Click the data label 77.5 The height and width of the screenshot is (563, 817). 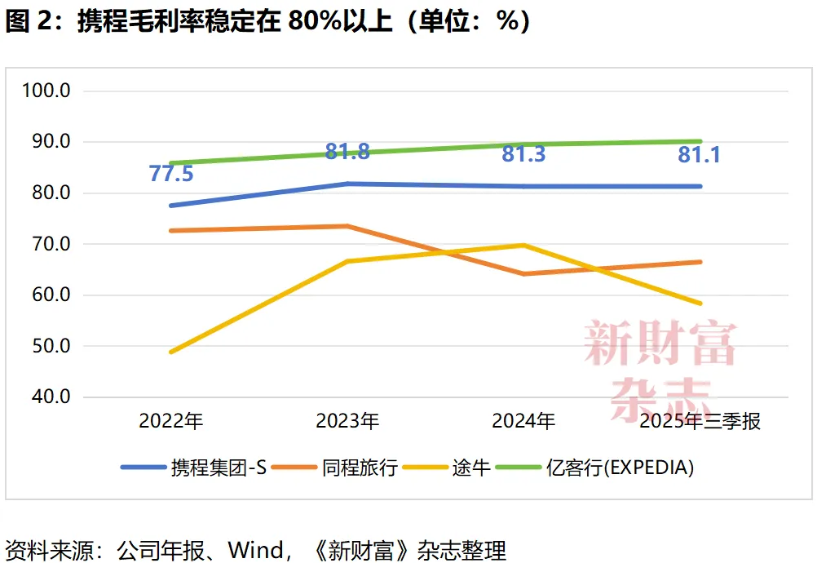tap(171, 174)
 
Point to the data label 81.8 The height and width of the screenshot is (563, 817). tap(347, 152)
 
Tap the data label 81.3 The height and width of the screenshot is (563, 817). tap(523, 153)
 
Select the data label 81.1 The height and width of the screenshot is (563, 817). tap(700, 154)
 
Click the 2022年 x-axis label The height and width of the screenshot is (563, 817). tap(171, 421)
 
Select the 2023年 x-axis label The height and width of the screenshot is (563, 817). tap(347, 421)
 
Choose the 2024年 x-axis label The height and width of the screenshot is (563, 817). tap(523, 421)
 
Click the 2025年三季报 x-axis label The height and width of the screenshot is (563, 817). tap(700, 421)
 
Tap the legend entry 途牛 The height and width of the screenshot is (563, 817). tap(471, 468)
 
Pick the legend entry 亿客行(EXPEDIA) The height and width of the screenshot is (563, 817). tap(620, 468)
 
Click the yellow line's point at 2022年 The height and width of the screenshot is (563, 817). tap(171, 352)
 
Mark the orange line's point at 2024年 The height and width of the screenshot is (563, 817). tap(523, 274)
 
